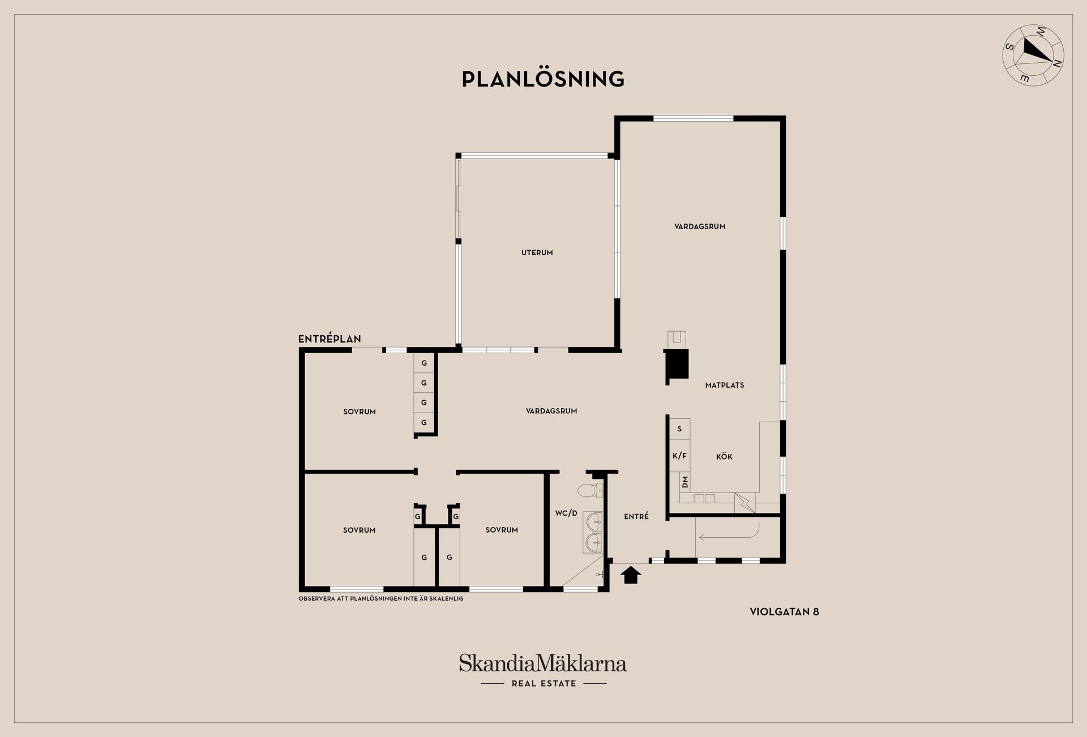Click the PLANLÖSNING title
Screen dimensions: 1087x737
pyautogui.click(x=543, y=79)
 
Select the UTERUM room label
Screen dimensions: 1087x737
pyautogui.click(x=537, y=252)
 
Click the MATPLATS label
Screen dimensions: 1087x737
pyautogui.click(x=725, y=385)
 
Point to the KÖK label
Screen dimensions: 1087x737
pyautogui.click(x=724, y=457)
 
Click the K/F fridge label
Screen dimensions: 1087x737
pyautogui.click(x=679, y=456)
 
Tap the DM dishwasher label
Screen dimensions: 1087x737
pyautogui.click(x=685, y=482)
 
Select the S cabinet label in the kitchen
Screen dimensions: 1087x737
pyautogui.click(x=679, y=429)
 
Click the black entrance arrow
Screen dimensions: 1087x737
pyautogui.click(x=630, y=576)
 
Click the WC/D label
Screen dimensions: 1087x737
pyautogui.click(x=566, y=513)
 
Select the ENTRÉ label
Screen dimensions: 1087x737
pyautogui.click(x=636, y=516)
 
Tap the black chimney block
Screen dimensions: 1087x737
pyautogui.click(x=677, y=363)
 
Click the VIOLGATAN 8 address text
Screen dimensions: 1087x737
pyautogui.click(x=784, y=612)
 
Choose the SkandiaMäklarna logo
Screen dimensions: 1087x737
pyautogui.click(x=543, y=663)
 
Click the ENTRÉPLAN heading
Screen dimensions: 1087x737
pyautogui.click(x=329, y=339)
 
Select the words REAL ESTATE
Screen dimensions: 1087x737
pyautogui.click(x=544, y=684)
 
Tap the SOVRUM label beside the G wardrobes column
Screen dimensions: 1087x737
pyautogui.click(x=360, y=412)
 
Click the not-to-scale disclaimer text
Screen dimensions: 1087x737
pyautogui.click(x=381, y=598)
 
